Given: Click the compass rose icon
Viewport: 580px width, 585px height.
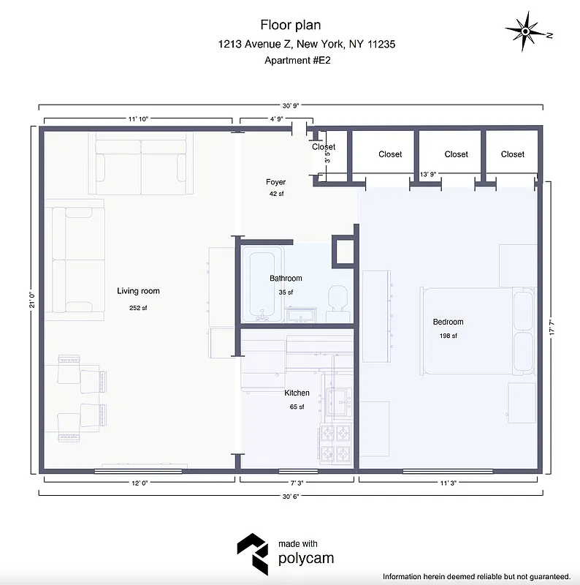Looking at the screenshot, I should [x=526, y=31].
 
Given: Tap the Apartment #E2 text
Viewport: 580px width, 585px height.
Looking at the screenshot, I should [x=298, y=61].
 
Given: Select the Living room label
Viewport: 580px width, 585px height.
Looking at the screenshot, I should [x=138, y=291].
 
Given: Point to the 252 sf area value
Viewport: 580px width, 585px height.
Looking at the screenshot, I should [x=138, y=308].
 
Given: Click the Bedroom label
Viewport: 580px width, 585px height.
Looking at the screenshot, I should [x=448, y=322].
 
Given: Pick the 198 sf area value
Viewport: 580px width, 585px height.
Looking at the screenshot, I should [x=448, y=336].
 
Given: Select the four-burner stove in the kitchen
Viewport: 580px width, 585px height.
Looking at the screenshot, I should [x=336, y=443].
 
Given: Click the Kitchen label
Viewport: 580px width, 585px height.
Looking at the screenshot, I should [x=297, y=393].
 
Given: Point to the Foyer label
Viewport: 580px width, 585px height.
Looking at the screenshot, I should [x=275, y=182].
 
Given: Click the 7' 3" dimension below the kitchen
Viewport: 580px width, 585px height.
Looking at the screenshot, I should [x=296, y=482].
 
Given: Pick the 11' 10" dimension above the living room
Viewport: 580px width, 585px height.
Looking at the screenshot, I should [x=138, y=118].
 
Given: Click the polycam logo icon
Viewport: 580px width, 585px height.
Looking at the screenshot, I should [x=252, y=552].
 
